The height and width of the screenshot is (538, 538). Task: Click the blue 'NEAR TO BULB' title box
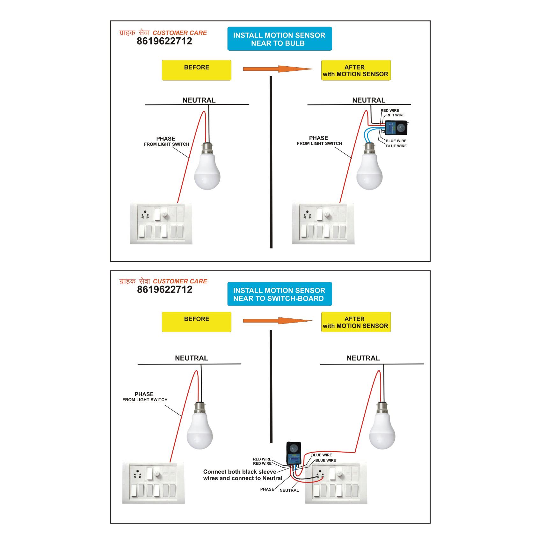(279, 39)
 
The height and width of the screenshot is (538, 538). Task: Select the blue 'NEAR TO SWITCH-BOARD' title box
(279, 294)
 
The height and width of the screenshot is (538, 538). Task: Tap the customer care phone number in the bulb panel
(164, 41)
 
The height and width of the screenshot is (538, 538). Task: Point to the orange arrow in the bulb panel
(278, 69)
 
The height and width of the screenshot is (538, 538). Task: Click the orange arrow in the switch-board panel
(278, 321)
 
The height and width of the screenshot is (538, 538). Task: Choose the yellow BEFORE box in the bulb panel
(196, 70)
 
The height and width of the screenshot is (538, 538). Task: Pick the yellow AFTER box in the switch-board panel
(356, 322)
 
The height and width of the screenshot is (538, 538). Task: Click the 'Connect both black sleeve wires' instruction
(243, 475)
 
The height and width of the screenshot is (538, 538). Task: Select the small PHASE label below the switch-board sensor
(267, 489)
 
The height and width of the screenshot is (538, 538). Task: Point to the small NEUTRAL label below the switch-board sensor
(289, 491)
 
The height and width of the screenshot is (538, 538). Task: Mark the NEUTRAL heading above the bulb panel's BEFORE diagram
(199, 100)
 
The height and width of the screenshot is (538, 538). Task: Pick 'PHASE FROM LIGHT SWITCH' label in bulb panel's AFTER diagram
(319, 141)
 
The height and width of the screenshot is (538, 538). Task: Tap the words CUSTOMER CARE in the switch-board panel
(180, 281)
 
